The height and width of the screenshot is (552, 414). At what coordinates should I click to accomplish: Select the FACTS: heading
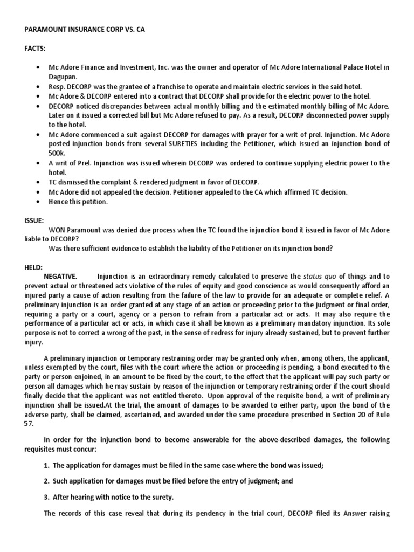point(34,49)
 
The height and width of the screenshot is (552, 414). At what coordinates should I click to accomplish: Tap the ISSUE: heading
point(33,220)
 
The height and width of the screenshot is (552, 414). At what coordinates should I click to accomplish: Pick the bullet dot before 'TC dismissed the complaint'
point(36,183)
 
